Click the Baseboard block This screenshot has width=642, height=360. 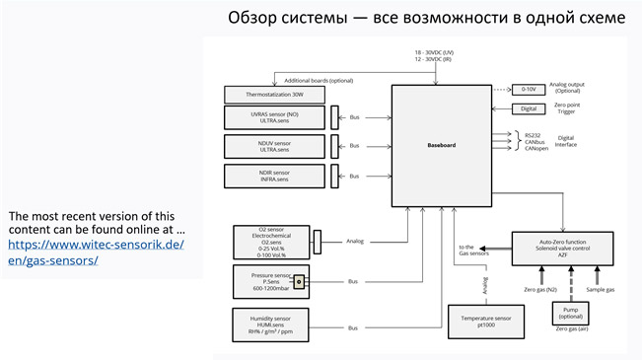pos(440,144)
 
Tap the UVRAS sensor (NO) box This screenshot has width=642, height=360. pos(272,117)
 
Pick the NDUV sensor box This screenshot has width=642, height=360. pos(272,147)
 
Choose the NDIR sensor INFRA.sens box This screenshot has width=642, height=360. pos(272,177)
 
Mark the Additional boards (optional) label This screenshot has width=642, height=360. pos(320,79)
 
